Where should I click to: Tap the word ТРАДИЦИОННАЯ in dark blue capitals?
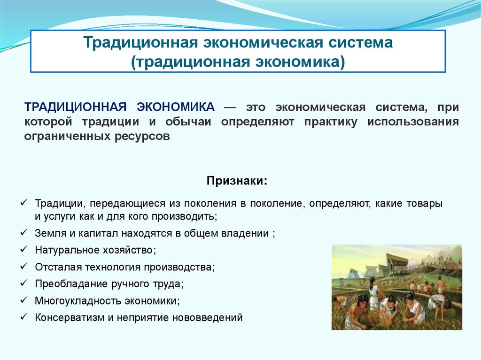point(76,107)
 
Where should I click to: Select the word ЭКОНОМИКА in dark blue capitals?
point(176,107)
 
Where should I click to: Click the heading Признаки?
point(237,181)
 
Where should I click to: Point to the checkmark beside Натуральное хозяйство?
point(24,249)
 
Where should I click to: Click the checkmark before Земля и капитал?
point(24,233)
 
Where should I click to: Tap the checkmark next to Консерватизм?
point(24,316)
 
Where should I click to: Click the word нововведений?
point(207,317)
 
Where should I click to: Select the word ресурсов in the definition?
point(142,136)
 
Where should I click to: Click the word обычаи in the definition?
point(188,122)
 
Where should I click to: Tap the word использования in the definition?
point(413,122)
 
